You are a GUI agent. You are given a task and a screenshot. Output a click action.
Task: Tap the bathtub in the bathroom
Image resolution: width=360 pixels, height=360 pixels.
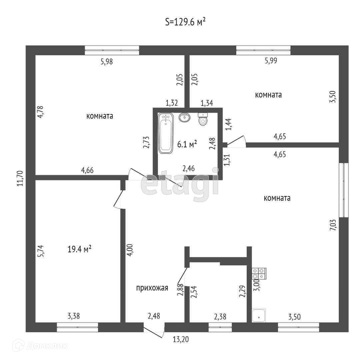166,133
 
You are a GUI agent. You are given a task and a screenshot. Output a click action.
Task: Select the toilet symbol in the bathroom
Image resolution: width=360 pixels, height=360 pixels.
203,119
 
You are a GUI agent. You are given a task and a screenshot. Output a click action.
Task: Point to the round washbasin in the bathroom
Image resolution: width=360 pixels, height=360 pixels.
184,117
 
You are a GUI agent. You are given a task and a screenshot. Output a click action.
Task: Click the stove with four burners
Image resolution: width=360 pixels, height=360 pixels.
259,274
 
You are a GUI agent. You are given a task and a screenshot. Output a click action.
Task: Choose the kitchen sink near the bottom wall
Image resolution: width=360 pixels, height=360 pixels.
259,315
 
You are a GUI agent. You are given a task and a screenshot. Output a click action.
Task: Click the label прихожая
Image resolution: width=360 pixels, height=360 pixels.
152,288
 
